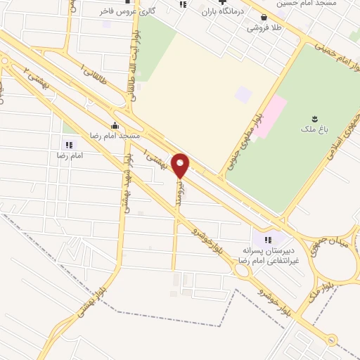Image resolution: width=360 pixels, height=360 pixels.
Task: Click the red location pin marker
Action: (180, 165)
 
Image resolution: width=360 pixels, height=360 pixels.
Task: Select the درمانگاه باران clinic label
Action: (222, 13)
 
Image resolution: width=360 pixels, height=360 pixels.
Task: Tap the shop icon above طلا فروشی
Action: (262, 19)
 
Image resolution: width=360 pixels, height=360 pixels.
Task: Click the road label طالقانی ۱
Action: (95, 75)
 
